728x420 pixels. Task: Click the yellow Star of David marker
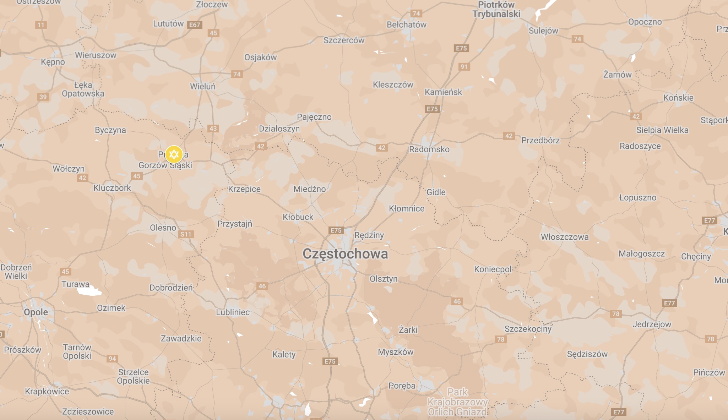coord(174,154)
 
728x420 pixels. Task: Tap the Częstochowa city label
coord(345,254)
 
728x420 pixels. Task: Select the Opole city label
coord(36,312)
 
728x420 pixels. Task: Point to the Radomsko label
coord(429,149)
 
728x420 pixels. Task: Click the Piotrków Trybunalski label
coord(496,10)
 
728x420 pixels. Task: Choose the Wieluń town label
coord(202,86)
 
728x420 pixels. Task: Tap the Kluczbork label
coord(112,188)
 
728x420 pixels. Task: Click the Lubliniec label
coord(233,312)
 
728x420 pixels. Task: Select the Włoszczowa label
coord(564,237)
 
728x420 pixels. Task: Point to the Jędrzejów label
coord(652,324)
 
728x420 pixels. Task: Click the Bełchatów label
coord(406,24)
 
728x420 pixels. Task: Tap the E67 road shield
coord(195,25)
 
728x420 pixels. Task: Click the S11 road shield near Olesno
coord(186,234)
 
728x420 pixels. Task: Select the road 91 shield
coord(464,67)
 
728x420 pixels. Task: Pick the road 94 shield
coord(112,359)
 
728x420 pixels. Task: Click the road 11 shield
coord(41,25)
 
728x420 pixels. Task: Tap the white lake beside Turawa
coord(89,291)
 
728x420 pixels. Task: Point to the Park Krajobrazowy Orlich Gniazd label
coord(457,402)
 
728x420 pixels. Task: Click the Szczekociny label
coord(528,329)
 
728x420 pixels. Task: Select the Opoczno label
coord(645,22)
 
